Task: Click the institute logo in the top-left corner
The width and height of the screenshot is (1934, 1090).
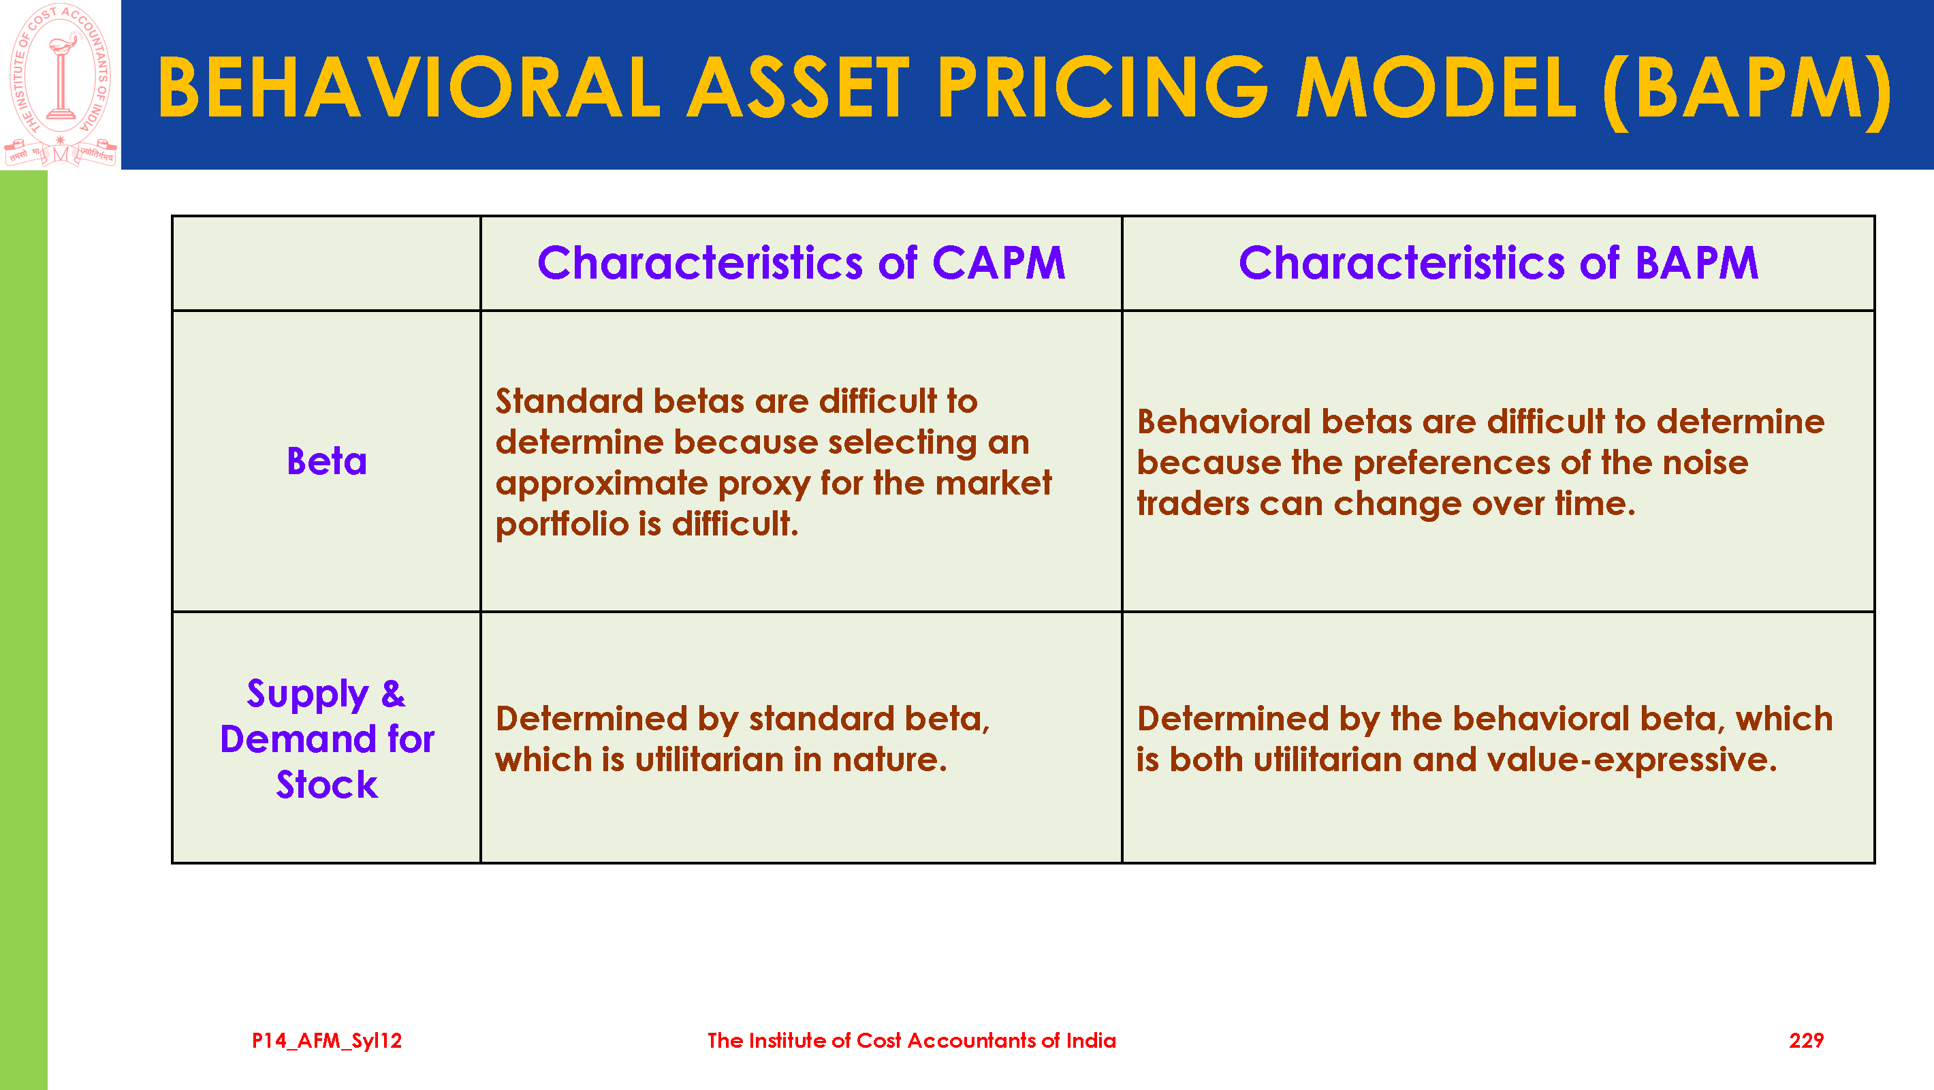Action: coord(60,84)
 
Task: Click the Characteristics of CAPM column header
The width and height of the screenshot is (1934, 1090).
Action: coord(801,263)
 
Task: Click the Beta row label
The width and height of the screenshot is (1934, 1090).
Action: coord(327,461)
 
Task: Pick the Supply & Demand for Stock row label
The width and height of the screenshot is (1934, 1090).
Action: coord(327,739)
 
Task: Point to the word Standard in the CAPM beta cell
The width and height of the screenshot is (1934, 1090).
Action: coord(569,401)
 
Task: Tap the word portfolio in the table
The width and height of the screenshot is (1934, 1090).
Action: coord(562,525)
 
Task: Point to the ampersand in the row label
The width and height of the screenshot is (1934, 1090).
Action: coord(394,694)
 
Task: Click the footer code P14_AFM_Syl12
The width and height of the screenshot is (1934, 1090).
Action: coord(327,1040)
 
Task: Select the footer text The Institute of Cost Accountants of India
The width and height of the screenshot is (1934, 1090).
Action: coord(911,1040)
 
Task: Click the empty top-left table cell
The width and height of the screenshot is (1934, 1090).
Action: coord(327,263)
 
